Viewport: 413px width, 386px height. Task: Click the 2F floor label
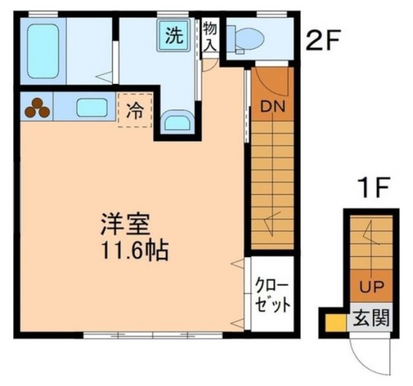tap(323, 42)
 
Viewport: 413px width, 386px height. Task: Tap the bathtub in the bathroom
tap(43, 52)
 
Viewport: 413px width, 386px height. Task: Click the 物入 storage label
tap(210, 37)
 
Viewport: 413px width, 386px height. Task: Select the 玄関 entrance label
tap(370, 319)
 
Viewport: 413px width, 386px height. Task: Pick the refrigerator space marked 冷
tap(136, 110)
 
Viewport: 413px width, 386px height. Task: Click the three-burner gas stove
tap(37, 108)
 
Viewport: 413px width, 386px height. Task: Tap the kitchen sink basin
tap(92, 107)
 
